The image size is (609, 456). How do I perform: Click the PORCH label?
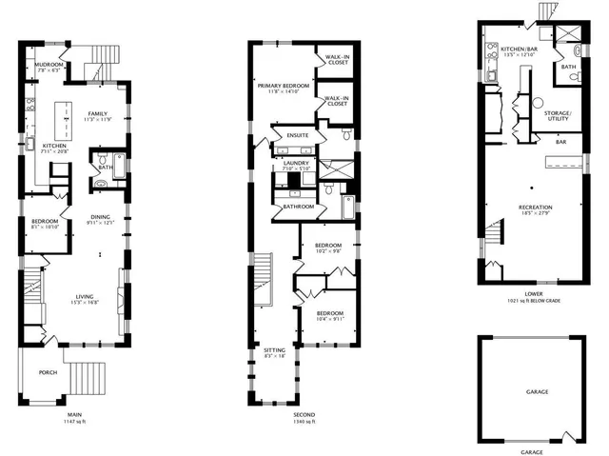(x=48, y=371)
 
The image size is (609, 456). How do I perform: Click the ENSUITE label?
(x=298, y=136)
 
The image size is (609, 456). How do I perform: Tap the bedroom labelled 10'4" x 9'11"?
(x=329, y=315)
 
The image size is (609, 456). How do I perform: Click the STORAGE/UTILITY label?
(x=557, y=115)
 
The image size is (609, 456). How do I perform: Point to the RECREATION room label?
(x=537, y=208)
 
